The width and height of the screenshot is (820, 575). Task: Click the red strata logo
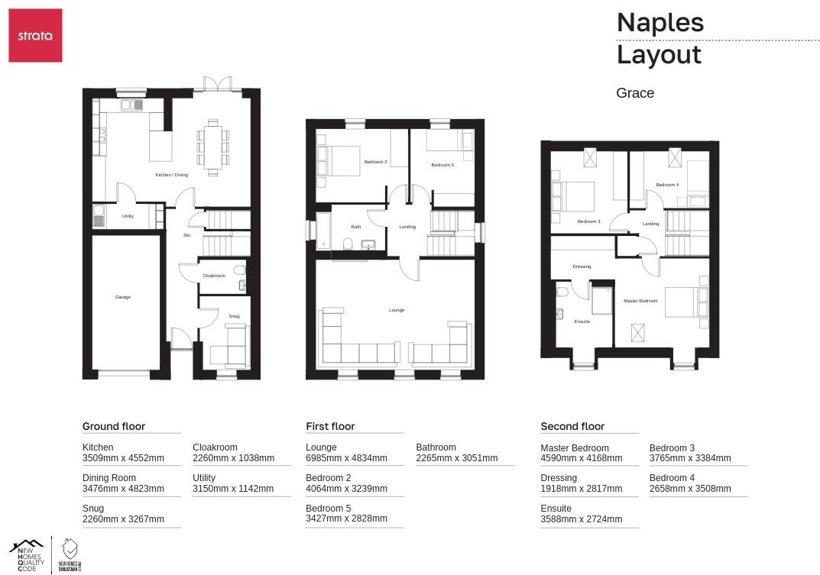35,36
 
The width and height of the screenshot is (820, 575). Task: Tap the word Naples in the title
660,22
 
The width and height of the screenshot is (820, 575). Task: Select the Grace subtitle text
635,93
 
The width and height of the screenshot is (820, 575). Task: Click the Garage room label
123,297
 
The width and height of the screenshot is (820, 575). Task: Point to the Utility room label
128,216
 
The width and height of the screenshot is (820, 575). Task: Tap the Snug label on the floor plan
234,316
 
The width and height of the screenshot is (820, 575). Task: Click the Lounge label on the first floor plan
397,310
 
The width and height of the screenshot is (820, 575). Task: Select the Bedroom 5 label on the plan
442,165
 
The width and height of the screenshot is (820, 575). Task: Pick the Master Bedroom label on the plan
640,301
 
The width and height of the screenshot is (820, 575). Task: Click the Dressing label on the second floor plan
582,267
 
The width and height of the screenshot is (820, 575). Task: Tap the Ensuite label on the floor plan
582,321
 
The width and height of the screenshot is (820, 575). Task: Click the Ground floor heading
114,426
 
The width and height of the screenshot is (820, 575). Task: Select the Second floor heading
572,426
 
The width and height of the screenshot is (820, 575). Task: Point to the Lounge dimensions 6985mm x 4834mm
346,458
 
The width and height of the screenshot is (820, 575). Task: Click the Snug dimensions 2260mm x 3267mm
123,519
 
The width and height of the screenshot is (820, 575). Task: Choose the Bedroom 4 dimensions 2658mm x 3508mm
690,489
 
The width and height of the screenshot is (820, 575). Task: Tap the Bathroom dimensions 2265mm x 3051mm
456,458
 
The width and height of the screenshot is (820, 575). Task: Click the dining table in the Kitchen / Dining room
213,147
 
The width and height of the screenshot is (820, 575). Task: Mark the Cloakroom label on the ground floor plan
214,276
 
